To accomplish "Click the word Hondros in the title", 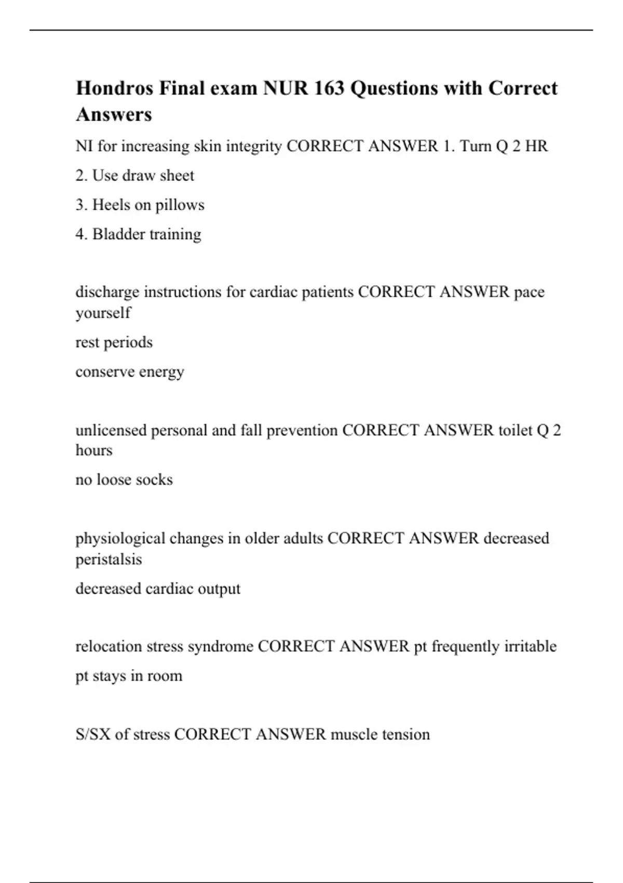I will click(115, 88).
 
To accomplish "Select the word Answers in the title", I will click(114, 114).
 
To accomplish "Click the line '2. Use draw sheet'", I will click(134, 176).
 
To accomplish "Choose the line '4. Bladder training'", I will click(138, 234).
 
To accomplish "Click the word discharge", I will click(107, 292).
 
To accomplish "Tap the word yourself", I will click(103, 313).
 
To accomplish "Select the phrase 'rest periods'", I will click(114, 342).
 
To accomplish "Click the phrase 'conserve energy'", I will click(130, 372).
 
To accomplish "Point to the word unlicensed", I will click(111, 431).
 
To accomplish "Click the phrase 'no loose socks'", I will click(124, 479).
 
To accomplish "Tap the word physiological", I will click(120, 539).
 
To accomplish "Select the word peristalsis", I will click(109, 559).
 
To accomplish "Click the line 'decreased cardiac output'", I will click(158, 588).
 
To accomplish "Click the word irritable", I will click(530, 647).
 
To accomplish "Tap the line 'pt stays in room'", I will click(129, 676).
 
